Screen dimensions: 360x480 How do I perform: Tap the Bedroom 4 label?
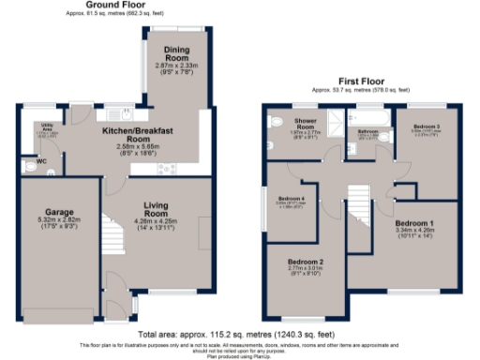[x=291, y=199]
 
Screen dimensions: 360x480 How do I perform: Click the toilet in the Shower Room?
[x=275, y=122]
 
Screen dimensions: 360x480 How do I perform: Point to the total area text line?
[x=239, y=335]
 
